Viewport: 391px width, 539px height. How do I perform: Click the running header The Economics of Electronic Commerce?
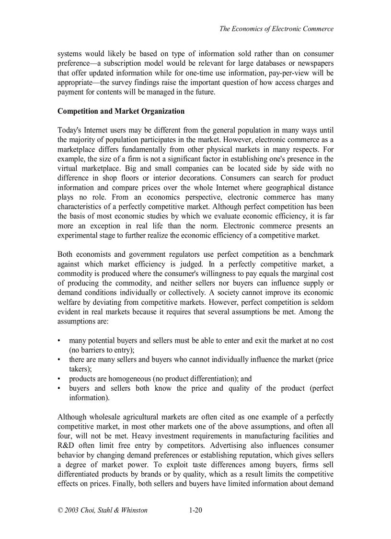tap(276, 29)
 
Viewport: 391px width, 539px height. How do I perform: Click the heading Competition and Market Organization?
tap(121, 111)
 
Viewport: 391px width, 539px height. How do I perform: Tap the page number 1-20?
tap(195, 510)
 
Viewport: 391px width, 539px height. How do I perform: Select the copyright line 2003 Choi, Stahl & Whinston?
tap(102, 510)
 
